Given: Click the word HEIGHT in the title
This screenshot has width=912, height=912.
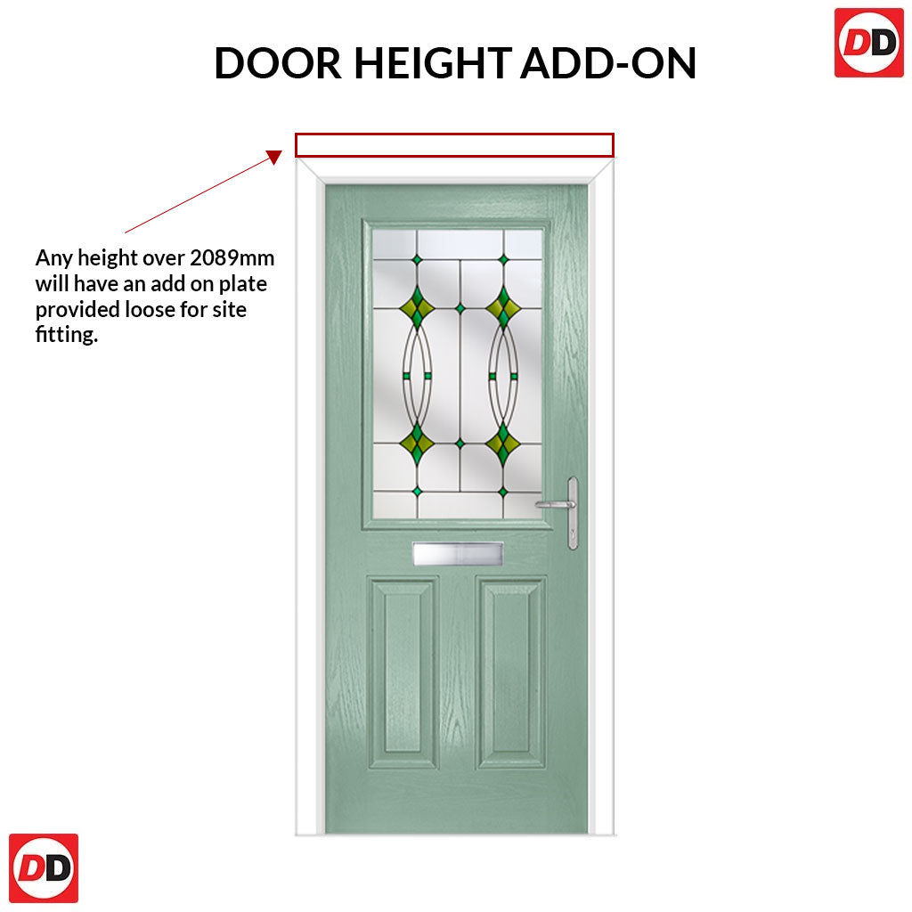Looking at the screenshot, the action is click(433, 63).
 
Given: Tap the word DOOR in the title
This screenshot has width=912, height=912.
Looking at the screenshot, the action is click(278, 63).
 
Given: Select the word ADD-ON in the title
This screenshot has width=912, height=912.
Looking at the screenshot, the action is click(608, 63).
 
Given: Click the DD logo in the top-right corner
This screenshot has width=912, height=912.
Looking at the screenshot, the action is click(869, 43).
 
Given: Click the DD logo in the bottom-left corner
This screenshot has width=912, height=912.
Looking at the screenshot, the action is click(44, 867).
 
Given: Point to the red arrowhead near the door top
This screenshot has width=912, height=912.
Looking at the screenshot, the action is click(274, 157).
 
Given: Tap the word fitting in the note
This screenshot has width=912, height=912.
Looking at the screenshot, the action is click(65, 335).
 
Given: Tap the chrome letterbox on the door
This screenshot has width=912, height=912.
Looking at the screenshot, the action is click(458, 553).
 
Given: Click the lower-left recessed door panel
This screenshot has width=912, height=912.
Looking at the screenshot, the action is click(402, 672).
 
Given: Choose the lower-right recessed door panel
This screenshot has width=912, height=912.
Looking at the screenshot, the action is click(511, 672).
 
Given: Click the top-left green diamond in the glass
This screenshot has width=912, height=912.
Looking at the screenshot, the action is click(417, 307).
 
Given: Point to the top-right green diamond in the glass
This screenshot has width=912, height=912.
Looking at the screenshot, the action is click(503, 307).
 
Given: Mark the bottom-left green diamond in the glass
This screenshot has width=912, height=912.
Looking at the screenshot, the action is click(417, 444).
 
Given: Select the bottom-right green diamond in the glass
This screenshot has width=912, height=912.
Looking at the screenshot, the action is click(503, 444).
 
